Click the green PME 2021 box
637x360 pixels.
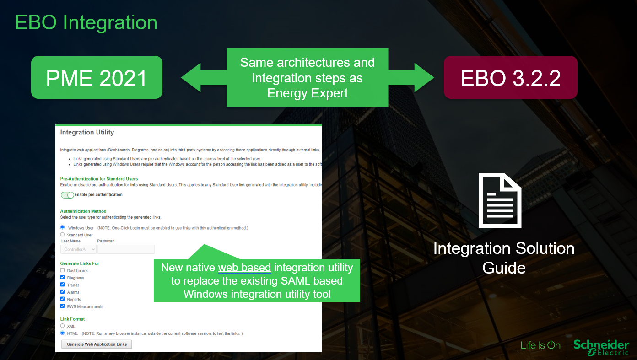tap(97, 77)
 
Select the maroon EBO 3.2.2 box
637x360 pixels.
tap(510, 77)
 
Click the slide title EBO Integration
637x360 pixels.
tap(86, 22)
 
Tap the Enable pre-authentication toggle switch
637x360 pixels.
tap(67, 195)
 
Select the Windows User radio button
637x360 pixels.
tap(63, 227)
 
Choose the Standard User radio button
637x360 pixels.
tap(63, 235)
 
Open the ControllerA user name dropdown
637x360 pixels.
tap(78, 249)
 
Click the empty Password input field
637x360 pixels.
tap(126, 249)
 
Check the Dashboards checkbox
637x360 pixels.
tap(63, 270)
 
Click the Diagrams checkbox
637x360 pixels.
tap(63, 277)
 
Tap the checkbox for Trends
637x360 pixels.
tap(63, 285)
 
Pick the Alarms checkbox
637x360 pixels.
tap(63, 292)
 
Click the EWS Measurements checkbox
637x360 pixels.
tap(63, 306)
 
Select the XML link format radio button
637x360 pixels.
tap(63, 326)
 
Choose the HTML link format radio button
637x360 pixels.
tap(63, 333)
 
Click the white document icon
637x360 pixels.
tap(500, 200)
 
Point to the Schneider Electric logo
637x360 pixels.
tap(601, 347)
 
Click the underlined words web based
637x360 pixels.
tap(244, 268)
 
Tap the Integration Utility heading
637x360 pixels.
tap(87, 133)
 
